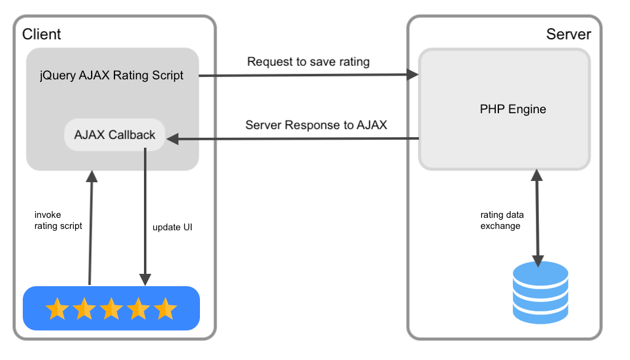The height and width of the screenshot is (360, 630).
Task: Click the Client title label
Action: click(42, 34)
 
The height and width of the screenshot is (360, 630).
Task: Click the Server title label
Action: click(568, 34)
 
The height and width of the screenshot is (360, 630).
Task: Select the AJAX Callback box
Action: click(114, 135)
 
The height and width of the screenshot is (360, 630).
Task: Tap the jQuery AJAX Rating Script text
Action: click(112, 76)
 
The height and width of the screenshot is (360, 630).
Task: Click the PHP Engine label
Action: click(512, 110)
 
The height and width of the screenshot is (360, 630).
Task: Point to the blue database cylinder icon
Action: click(540, 292)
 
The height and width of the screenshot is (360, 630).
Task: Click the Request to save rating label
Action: click(308, 62)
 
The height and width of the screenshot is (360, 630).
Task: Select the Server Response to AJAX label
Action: click(316, 125)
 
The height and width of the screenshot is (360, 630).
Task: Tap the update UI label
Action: click(173, 227)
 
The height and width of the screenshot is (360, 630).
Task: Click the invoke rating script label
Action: click(58, 220)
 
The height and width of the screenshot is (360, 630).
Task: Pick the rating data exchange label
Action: click(502, 220)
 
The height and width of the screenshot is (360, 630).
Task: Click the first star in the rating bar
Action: click(57, 308)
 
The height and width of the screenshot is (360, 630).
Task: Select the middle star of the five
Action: click(111, 308)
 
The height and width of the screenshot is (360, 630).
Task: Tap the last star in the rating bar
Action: click(165, 308)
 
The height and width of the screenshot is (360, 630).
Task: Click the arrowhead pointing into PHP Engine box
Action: click(412, 75)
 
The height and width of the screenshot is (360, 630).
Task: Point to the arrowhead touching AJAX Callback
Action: click(172, 140)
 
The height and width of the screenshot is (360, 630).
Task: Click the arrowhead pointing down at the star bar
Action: click(146, 280)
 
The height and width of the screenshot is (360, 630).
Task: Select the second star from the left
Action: click(84, 308)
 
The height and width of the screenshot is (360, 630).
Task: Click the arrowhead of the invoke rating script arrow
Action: click(92, 177)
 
